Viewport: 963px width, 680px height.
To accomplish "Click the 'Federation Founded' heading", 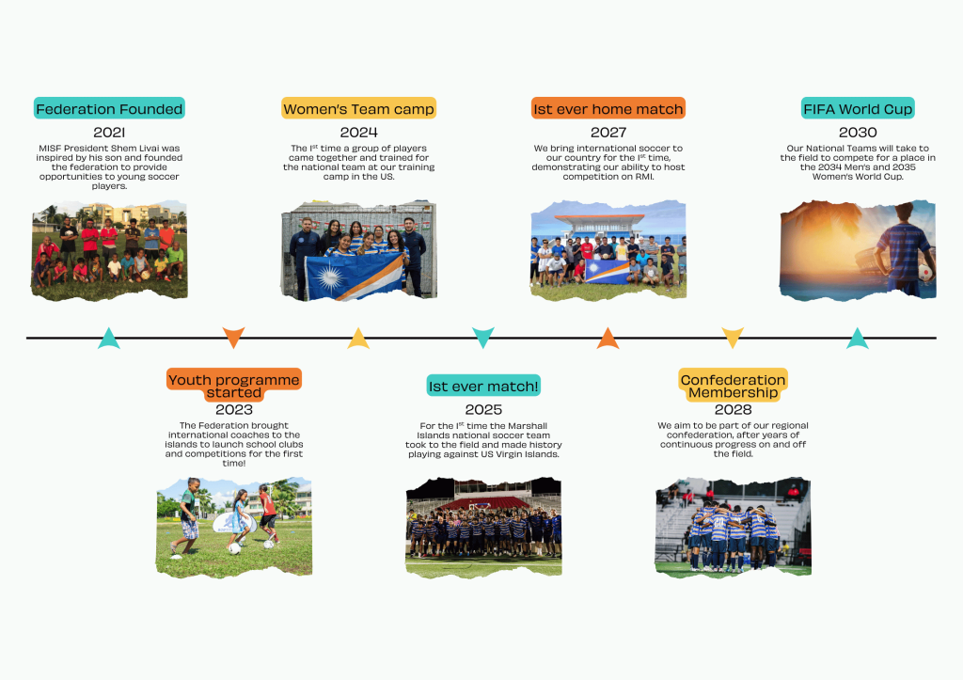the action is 109,109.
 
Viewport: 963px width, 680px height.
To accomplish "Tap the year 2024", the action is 358,132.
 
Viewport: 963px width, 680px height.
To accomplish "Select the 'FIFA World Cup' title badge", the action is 858,109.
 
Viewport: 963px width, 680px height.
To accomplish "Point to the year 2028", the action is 733,409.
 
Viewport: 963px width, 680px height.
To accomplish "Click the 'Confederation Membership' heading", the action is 733,386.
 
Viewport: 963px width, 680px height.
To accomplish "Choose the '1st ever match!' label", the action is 483,386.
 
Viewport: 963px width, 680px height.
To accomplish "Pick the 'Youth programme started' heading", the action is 234,386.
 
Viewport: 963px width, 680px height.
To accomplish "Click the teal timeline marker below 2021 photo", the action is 109,339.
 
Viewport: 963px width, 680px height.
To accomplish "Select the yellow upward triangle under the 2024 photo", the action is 358,339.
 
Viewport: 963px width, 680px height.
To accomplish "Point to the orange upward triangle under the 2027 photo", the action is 608,339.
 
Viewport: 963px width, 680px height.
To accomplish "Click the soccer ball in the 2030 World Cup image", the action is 924,272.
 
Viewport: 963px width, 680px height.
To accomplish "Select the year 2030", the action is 858,132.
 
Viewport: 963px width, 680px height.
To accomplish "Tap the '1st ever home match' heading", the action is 608,109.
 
